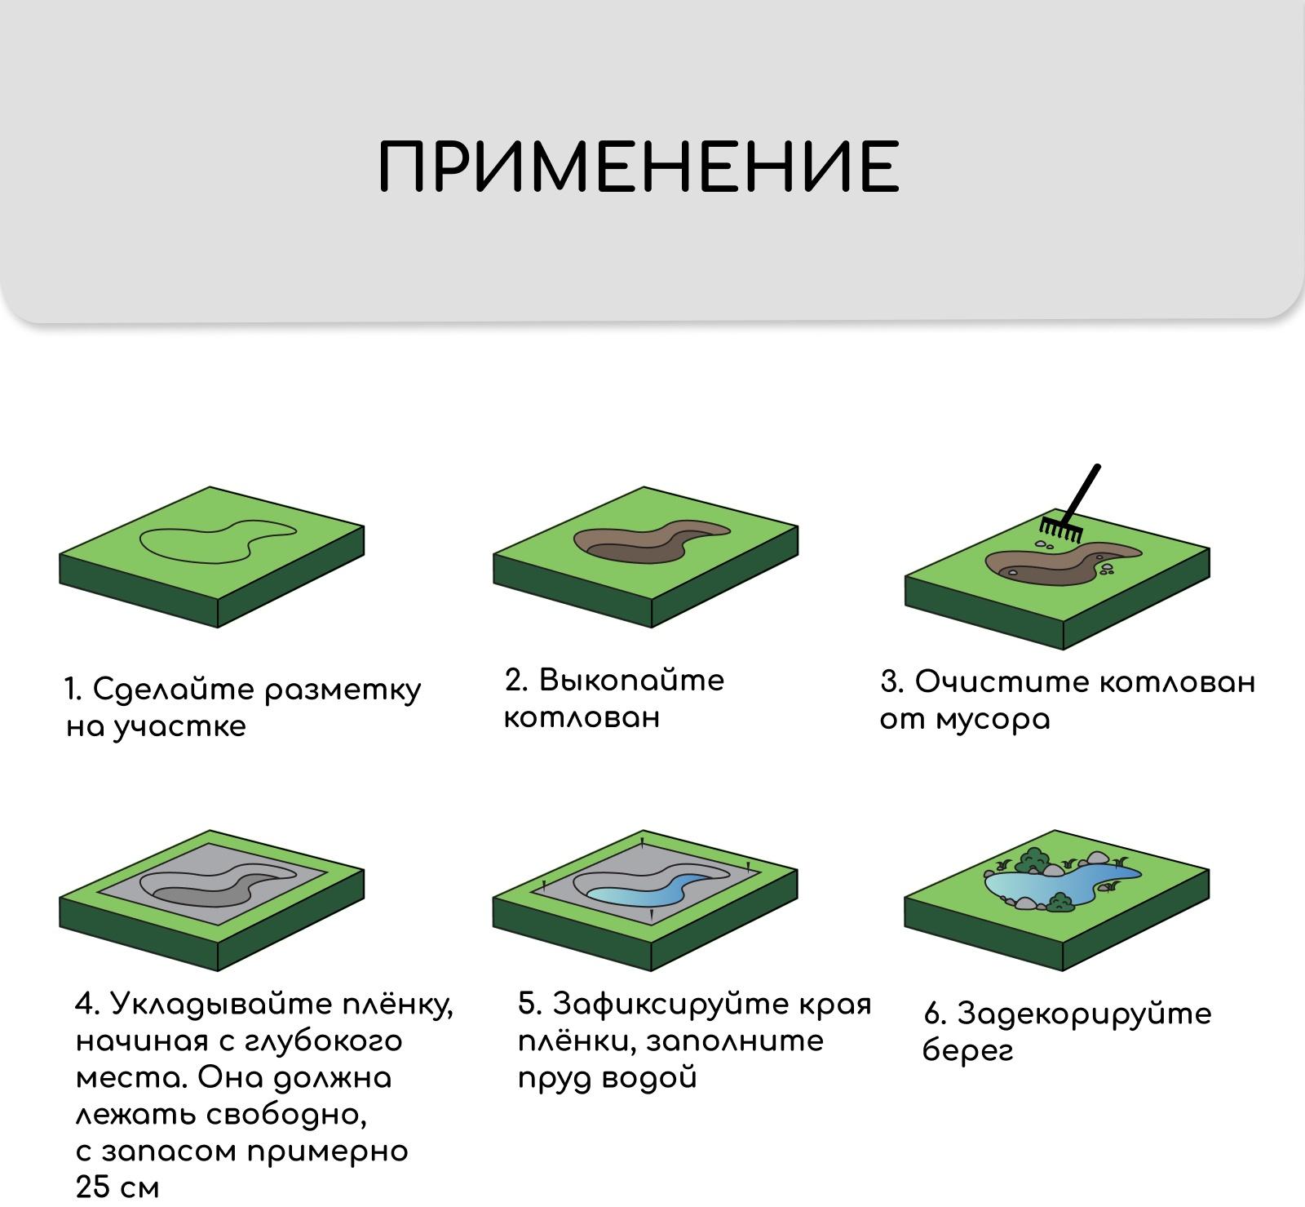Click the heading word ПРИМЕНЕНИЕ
pos(639,166)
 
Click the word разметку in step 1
pos(343,690)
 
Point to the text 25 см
pos(117,1187)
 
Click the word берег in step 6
pos(967,1051)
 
